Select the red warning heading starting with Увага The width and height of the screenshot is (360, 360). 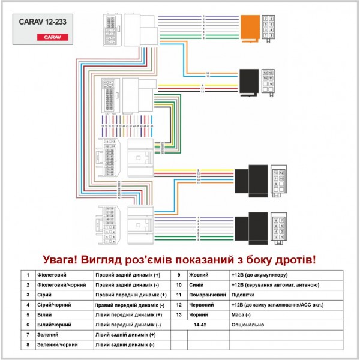coord(179,260)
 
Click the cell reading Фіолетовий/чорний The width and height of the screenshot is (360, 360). coord(57,284)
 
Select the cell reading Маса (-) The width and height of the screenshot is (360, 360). coord(241,314)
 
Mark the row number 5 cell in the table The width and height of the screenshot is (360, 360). coord(28,314)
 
